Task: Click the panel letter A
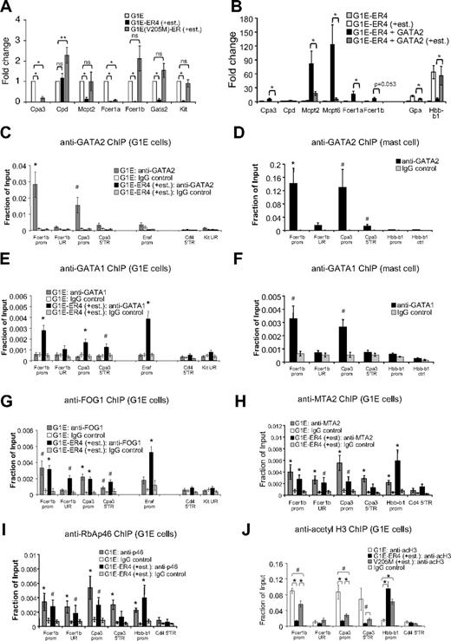7,7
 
